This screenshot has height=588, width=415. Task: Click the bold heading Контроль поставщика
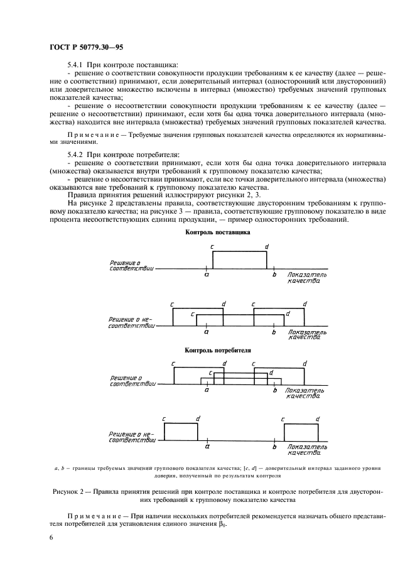pyautogui.click(x=218, y=232)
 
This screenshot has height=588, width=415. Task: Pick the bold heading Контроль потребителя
pyautogui.click(x=218, y=350)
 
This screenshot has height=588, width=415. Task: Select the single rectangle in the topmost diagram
pyautogui.click(x=240, y=259)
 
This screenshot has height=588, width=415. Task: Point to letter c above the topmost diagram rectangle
pyautogui.click(x=212, y=247)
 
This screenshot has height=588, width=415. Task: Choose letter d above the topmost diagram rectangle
pyautogui.click(x=267, y=247)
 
